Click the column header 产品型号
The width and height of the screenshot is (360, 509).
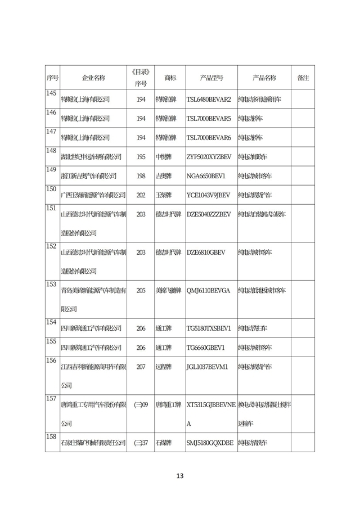click(x=211, y=78)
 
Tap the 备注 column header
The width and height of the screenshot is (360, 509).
click(x=303, y=78)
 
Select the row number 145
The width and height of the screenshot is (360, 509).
click(x=51, y=93)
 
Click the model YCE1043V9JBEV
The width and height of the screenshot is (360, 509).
click(x=208, y=195)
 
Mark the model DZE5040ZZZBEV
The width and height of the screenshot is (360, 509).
click(x=208, y=214)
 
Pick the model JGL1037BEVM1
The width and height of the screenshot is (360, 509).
click(x=207, y=367)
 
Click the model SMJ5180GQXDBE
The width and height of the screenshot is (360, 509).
click(x=209, y=443)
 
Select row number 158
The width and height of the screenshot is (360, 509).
click(x=51, y=436)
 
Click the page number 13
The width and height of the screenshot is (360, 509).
click(x=180, y=476)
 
